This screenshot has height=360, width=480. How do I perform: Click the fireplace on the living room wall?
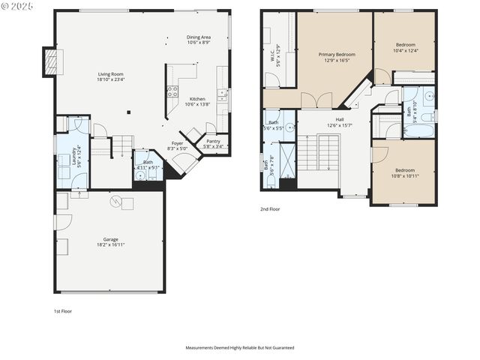(50, 62)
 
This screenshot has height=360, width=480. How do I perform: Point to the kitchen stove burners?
(172, 91)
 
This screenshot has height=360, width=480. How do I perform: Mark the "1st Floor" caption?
(62, 310)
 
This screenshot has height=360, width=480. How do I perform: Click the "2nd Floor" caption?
(270, 209)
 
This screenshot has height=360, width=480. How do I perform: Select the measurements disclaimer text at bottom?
(240, 348)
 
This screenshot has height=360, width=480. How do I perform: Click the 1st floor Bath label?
(148, 165)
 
